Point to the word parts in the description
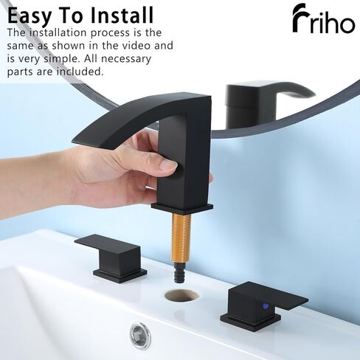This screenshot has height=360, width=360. pos(23,72)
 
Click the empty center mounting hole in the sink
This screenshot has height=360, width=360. pos(182,297)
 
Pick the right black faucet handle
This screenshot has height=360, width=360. pos(265,302)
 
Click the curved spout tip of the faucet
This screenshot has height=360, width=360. pos(77,136)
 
